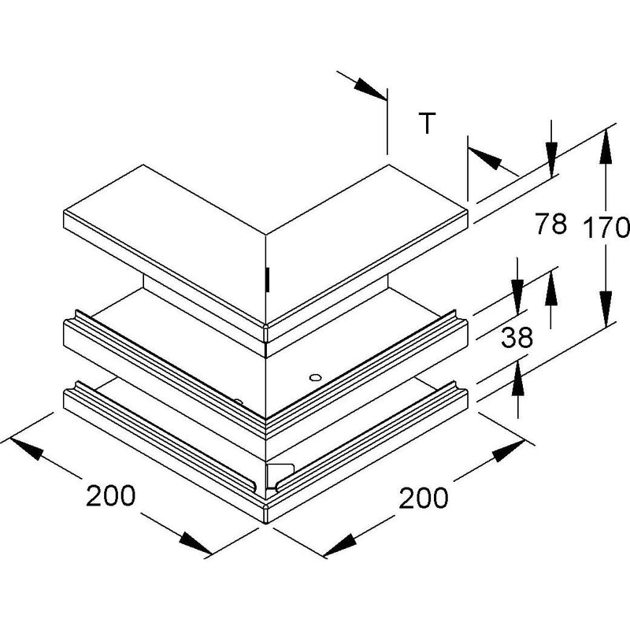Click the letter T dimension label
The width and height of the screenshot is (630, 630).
pyautogui.click(x=427, y=124)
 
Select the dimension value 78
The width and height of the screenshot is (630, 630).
pyautogui.click(x=550, y=224)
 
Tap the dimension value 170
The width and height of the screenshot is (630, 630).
pyautogui.click(x=606, y=227)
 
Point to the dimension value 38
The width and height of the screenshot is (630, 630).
pyautogui.click(x=517, y=337)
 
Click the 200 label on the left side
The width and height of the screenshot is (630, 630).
pyautogui.click(x=111, y=495)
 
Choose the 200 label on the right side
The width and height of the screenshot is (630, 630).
pyautogui.click(x=423, y=498)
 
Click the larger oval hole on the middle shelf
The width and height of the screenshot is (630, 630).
pyautogui.click(x=316, y=377)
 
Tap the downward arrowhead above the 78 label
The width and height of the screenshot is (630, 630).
pyautogui.click(x=551, y=159)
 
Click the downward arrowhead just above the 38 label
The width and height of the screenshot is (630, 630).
pyautogui.click(x=517, y=297)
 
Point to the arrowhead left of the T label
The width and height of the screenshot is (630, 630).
pyautogui.click(x=370, y=88)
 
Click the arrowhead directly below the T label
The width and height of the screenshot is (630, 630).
pyautogui.click(x=485, y=158)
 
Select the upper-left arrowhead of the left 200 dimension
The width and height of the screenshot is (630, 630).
pyautogui.click(x=27, y=448)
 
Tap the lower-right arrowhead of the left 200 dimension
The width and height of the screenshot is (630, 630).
pyautogui.click(x=195, y=543)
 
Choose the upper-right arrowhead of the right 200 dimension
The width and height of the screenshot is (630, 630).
pyautogui.click(x=508, y=451)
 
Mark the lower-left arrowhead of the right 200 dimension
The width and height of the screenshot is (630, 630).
pyautogui.click(x=340, y=545)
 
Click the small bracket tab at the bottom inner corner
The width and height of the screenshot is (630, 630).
pyautogui.click(x=280, y=476)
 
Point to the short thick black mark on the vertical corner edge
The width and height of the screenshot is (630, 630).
pyautogui.click(x=267, y=280)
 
